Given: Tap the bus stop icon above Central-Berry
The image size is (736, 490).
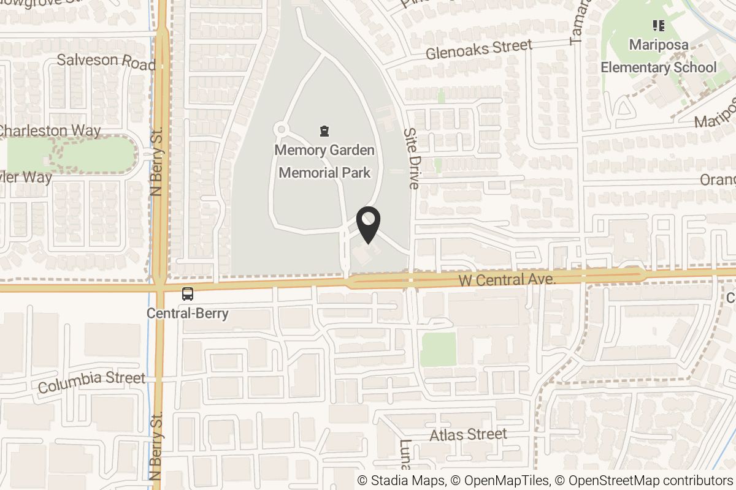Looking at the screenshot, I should [x=187, y=294].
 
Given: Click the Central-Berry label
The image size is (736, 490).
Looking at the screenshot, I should [x=188, y=314].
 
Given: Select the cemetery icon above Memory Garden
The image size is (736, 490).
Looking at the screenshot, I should [x=324, y=130].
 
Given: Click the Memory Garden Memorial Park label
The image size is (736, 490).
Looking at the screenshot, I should [x=324, y=161].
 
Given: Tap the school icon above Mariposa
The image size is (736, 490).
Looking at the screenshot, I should [x=659, y=26].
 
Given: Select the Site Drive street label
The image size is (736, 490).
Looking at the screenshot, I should [x=411, y=159].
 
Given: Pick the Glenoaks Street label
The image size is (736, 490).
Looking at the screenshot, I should [x=479, y=49].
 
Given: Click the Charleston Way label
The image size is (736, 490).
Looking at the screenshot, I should [x=49, y=130].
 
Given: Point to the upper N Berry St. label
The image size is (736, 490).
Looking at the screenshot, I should [x=157, y=162].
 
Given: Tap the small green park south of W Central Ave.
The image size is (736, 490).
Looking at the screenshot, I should [x=439, y=350].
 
